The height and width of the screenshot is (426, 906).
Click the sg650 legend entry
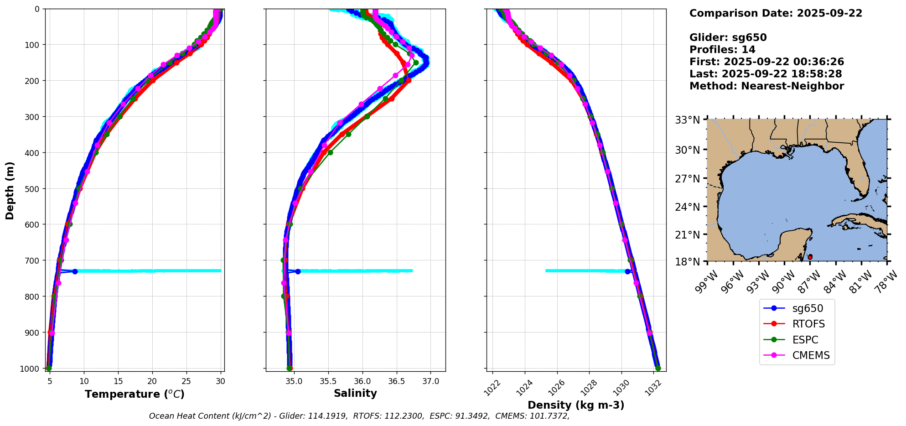pyautogui.click(x=808, y=308)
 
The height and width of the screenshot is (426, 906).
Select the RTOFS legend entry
pyautogui.click(x=808, y=324)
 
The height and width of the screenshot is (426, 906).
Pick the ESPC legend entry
pyautogui.click(x=805, y=340)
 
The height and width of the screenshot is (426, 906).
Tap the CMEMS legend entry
pyautogui.click(x=811, y=356)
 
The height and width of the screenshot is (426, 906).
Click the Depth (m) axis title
pyautogui.click(x=10, y=190)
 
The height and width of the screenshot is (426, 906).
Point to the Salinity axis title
pyautogui.click(x=355, y=394)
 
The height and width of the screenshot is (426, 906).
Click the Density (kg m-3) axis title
pyautogui.click(x=576, y=405)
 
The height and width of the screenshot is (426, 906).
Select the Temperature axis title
pyautogui.click(x=135, y=394)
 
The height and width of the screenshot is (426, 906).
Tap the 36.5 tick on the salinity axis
pyautogui.click(x=396, y=381)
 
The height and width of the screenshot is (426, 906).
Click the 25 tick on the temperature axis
pyautogui.click(x=186, y=381)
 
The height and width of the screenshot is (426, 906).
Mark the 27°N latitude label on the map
pyautogui.click(x=687, y=179)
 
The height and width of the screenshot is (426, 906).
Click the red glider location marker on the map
pyautogui.click(x=810, y=257)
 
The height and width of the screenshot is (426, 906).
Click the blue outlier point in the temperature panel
pyautogui.click(x=75, y=271)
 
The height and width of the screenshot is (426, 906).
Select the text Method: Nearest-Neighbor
pyautogui.click(x=766, y=86)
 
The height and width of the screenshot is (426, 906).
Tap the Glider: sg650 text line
pyautogui.click(x=728, y=37)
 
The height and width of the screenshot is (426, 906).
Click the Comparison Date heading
pyautogui.click(x=776, y=13)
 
